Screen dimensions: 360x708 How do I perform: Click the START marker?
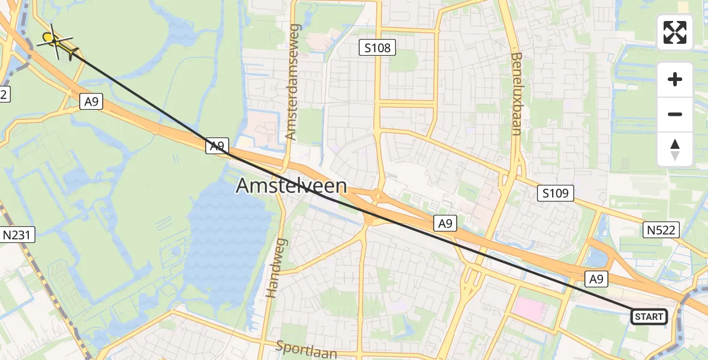pyautogui.click(x=649, y=316)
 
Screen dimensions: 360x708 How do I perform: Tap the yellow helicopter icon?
pyautogui.click(x=58, y=42)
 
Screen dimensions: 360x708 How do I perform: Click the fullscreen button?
pyautogui.click(x=675, y=32)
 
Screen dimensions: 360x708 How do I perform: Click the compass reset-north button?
pyautogui.click(x=675, y=149)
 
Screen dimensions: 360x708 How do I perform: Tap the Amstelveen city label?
pyautogui.click(x=291, y=186)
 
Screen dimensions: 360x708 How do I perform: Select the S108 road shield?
pyautogui.click(x=377, y=47)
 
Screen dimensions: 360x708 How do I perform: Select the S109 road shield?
pyautogui.click(x=555, y=193)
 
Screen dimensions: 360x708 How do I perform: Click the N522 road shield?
pyautogui.click(x=662, y=229)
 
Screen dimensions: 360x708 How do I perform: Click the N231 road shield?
pyautogui.click(x=18, y=235)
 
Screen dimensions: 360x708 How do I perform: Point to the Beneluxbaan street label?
pyautogui.click(x=517, y=93)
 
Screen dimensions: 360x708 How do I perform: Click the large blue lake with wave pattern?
pyautogui.click(x=231, y=240)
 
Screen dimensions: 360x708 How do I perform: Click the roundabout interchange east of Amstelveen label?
pyautogui.click(x=377, y=196)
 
